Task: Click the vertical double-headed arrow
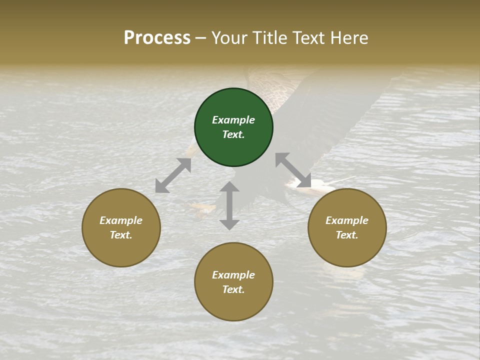(229, 205)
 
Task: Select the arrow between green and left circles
(173, 175)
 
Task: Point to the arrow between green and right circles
(293, 170)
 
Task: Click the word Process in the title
(157, 37)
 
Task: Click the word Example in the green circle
(233, 120)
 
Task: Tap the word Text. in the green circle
(233, 134)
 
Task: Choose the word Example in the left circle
(121, 220)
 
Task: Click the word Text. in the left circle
(121, 235)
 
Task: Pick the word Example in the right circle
(347, 220)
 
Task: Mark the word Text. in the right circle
(347, 235)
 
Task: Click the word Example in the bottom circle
(233, 275)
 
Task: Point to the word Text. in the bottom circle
(233, 289)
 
